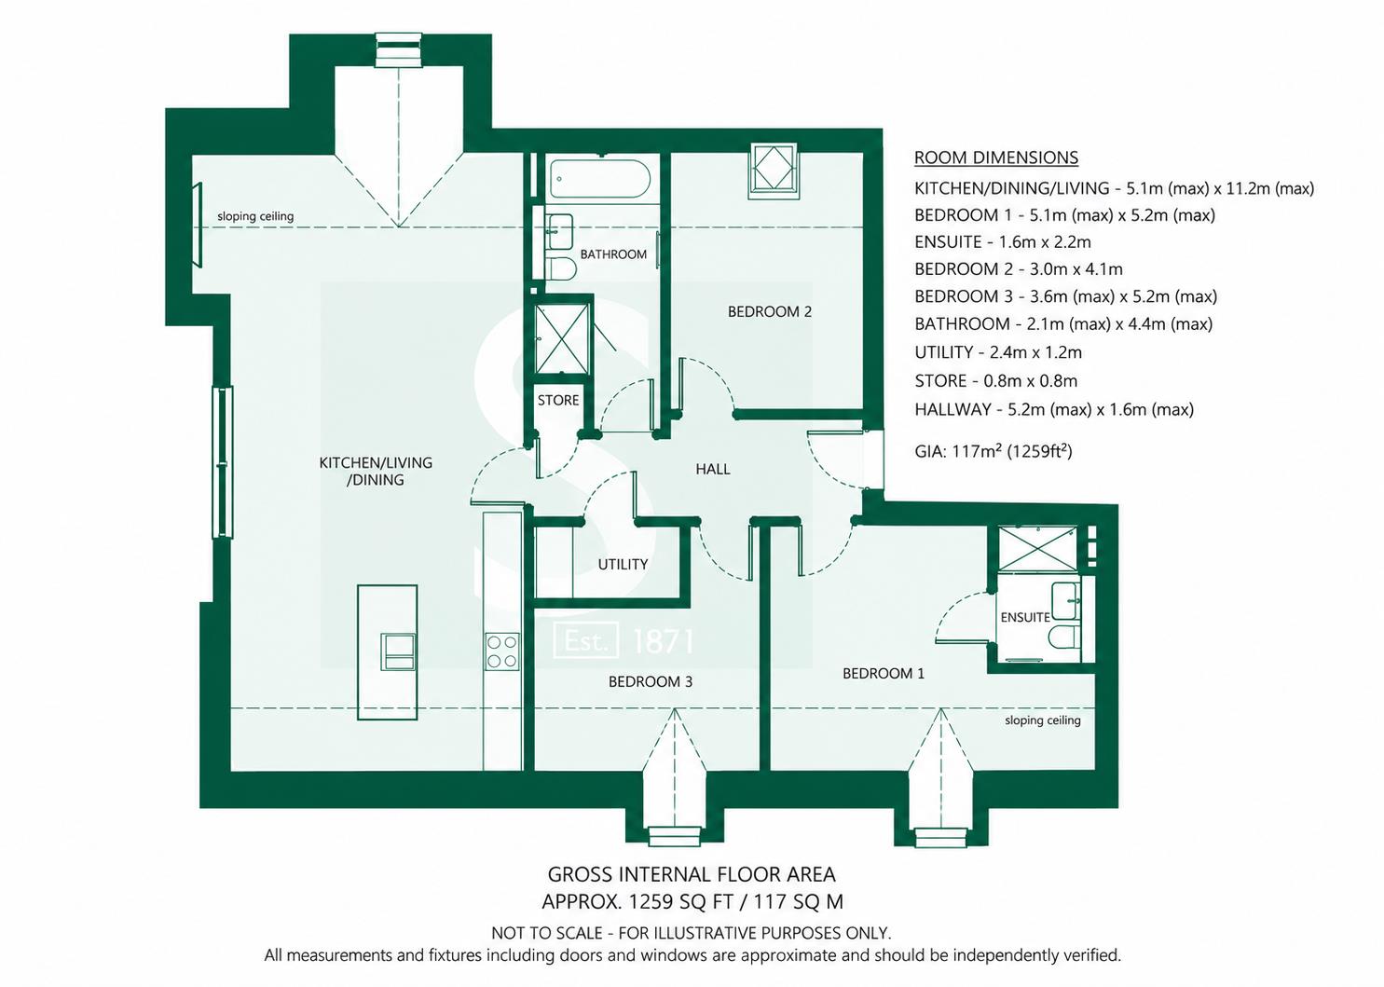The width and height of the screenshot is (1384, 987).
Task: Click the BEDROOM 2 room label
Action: (x=769, y=311)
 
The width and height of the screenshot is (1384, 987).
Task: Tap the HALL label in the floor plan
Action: (x=712, y=469)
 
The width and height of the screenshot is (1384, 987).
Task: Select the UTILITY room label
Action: (x=623, y=564)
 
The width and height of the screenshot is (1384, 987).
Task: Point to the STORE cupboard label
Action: (x=558, y=400)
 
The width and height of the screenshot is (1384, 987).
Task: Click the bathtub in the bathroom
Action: (x=598, y=179)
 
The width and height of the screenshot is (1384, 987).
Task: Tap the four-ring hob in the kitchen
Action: (x=501, y=651)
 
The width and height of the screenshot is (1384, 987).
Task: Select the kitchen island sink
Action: (x=399, y=651)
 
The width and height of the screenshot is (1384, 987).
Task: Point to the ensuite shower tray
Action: (x=1037, y=549)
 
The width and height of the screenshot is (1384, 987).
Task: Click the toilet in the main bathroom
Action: (x=562, y=268)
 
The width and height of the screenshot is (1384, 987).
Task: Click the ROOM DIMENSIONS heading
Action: (x=996, y=158)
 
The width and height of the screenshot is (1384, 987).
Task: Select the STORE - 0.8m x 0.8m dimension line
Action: (x=996, y=380)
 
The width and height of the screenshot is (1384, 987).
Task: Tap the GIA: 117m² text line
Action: (x=993, y=451)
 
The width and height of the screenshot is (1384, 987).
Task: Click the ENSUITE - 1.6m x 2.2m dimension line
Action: (x=1003, y=241)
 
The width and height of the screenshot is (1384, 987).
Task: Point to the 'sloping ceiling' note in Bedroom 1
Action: (x=1042, y=720)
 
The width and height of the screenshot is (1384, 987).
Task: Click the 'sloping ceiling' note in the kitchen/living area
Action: (x=255, y=216)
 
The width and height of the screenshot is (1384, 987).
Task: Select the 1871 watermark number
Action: (x=664, y=641)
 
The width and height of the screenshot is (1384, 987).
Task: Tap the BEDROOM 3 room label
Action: (x=650, y=681)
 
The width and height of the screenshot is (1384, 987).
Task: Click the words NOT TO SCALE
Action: (x=547, y=933)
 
